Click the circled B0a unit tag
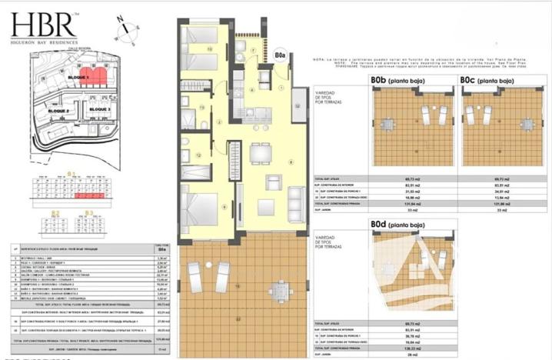click(280, 55)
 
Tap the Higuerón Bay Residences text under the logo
click(44, 42)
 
